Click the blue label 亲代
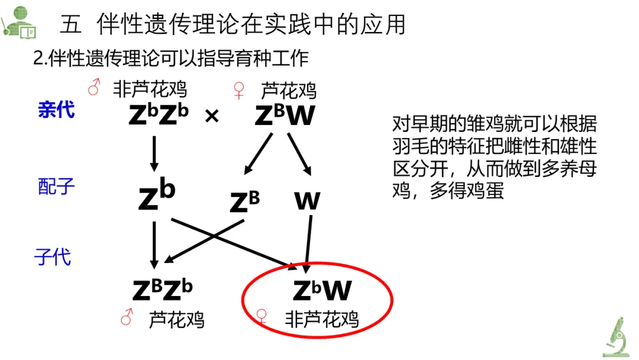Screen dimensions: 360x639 tap(56, 110)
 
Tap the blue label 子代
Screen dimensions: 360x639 tap(53, 256)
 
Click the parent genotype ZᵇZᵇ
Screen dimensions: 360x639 tap(158, 115)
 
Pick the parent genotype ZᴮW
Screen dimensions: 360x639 tap(285, 115)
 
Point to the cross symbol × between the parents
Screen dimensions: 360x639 tap(212, 116)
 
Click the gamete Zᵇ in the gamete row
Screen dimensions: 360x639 tap(157, 197)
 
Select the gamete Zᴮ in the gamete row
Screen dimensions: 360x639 tap(244, 202)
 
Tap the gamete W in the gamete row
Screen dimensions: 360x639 tap(307, 202)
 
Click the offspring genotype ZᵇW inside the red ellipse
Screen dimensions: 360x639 tap(322, 290)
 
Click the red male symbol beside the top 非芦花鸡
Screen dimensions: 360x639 tap(93, 89)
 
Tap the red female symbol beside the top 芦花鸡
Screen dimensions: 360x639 tap(238, 90)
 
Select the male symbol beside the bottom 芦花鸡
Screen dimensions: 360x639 tap(126, 319)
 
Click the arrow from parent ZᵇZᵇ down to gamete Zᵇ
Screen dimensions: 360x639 tap(154, 153)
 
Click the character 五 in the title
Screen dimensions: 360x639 tap(71, 24)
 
